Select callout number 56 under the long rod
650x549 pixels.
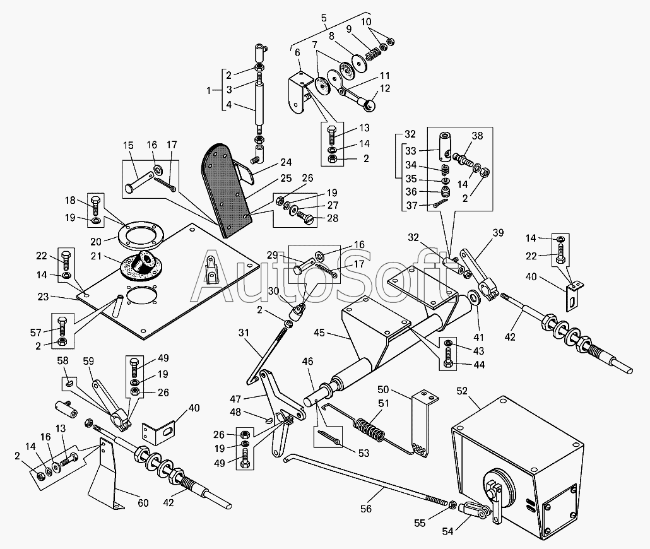pyautogui.click(x=367, y=509)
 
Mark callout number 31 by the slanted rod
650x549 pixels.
pyautogui.click(x=245, y=333)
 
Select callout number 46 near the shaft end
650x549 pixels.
pyautogui.click(x=307, y=362)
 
